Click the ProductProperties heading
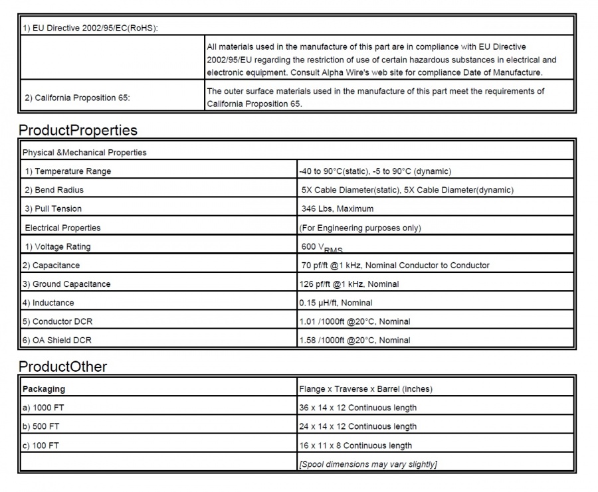pyautogui.click(x=78, y=129)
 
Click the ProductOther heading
pyautogui.click(x=62, y=366)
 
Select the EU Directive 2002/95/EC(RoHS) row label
pyautogui.click(x=90, y=27)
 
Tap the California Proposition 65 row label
pyautogui.click(x=77, y=98)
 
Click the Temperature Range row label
pyautogui.click(x=68, y=171)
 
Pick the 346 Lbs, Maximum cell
pyautogui.click(x=338, y=208)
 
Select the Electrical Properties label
pyautogui.click(x=62, y=228)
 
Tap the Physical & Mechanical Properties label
pyautogui.click(x=84, y=153)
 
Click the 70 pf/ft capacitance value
pyautogui.click(x=395, y=265)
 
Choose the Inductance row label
pyautogui.click(x=49, y=303)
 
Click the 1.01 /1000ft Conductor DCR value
pyautogui.click(x=355, y=321)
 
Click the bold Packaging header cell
pyautogui.click(x=44, y=388)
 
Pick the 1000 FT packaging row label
pyautogui.click(x=42, y=408)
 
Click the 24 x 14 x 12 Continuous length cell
pyautogui.click(x=358, y=426)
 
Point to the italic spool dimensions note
pyautogui.click(x=368, y=464)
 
